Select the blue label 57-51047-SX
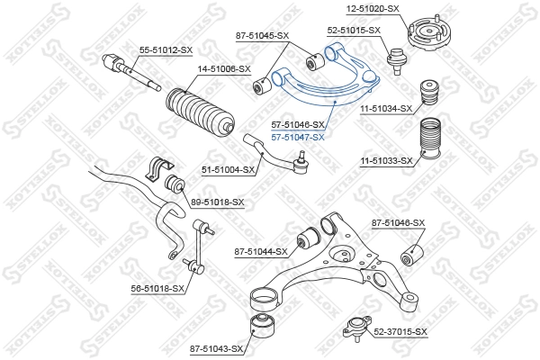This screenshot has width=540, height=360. click(x=297, y=137)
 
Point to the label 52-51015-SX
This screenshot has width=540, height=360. click(x=354, y=30)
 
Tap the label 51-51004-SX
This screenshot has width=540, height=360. click(x=229, y=168)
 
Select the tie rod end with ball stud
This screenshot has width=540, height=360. click(x=270, y=150)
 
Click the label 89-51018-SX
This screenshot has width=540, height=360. click(x=217, y=202)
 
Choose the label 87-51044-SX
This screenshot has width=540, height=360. click(x=260, y=252)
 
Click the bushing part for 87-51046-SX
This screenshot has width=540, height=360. click(x=411, y=254)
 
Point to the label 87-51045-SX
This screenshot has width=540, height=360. click(x=262, y=36)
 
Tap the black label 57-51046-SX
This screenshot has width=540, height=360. click(x=297, y=125)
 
